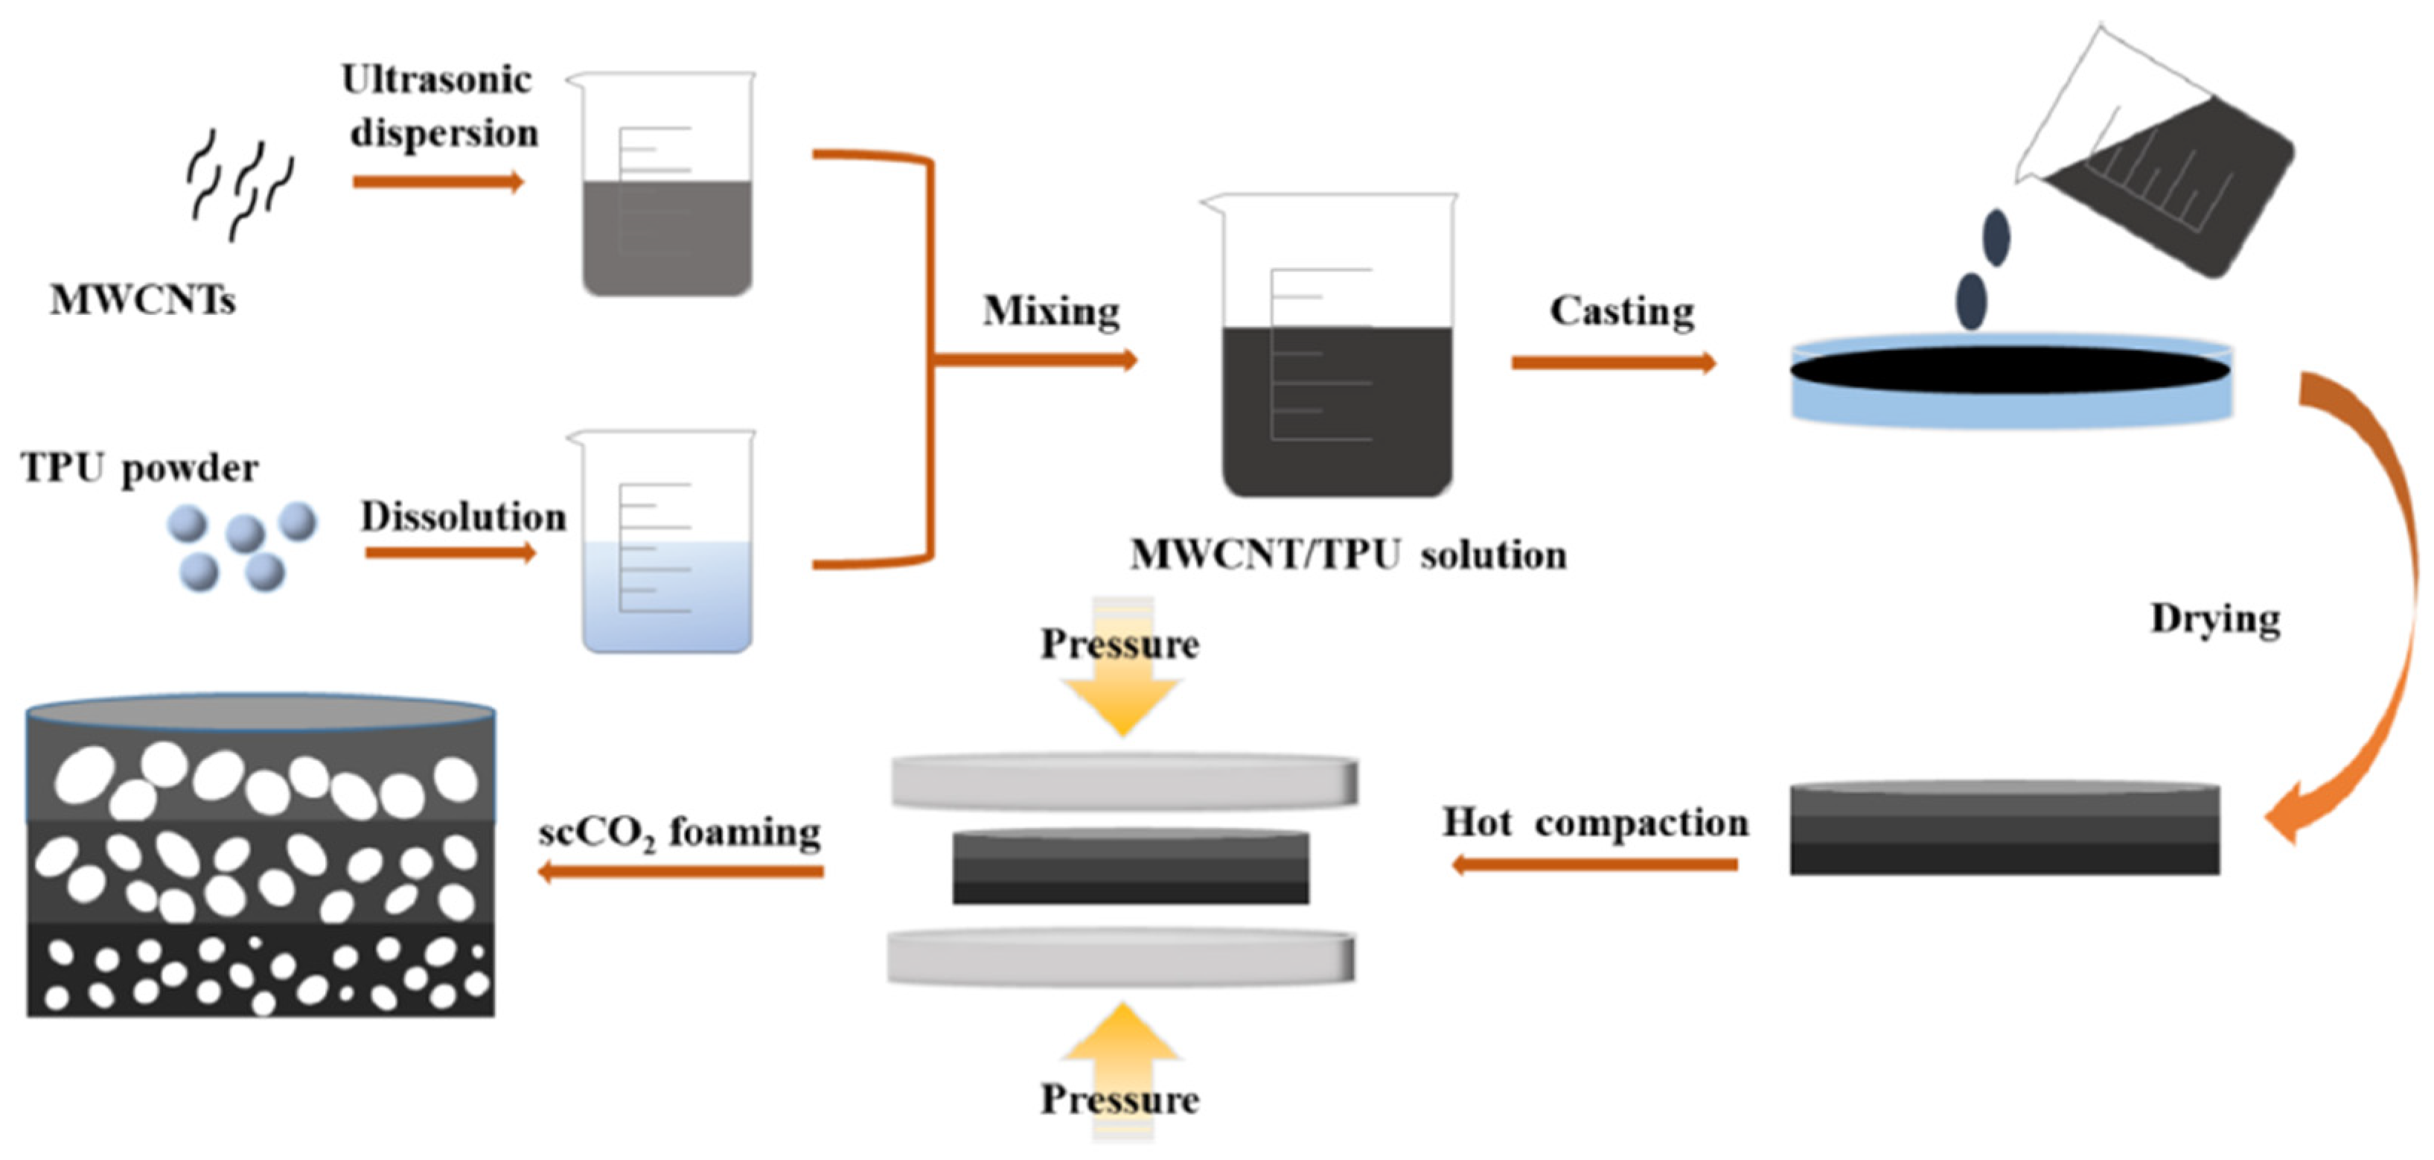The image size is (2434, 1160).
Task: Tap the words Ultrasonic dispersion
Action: [x=439, y=106]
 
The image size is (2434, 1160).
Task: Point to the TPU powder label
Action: [x=139, y=468]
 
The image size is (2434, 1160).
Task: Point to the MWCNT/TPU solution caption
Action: [x=1348, y=555]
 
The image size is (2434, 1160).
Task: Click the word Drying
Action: [x=2214, y=619]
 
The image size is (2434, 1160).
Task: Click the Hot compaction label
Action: [x=1595, y=823]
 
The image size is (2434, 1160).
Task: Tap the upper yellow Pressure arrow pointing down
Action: [x=1122, y=695]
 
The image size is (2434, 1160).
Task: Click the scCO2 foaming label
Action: [x=678, y=834]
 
